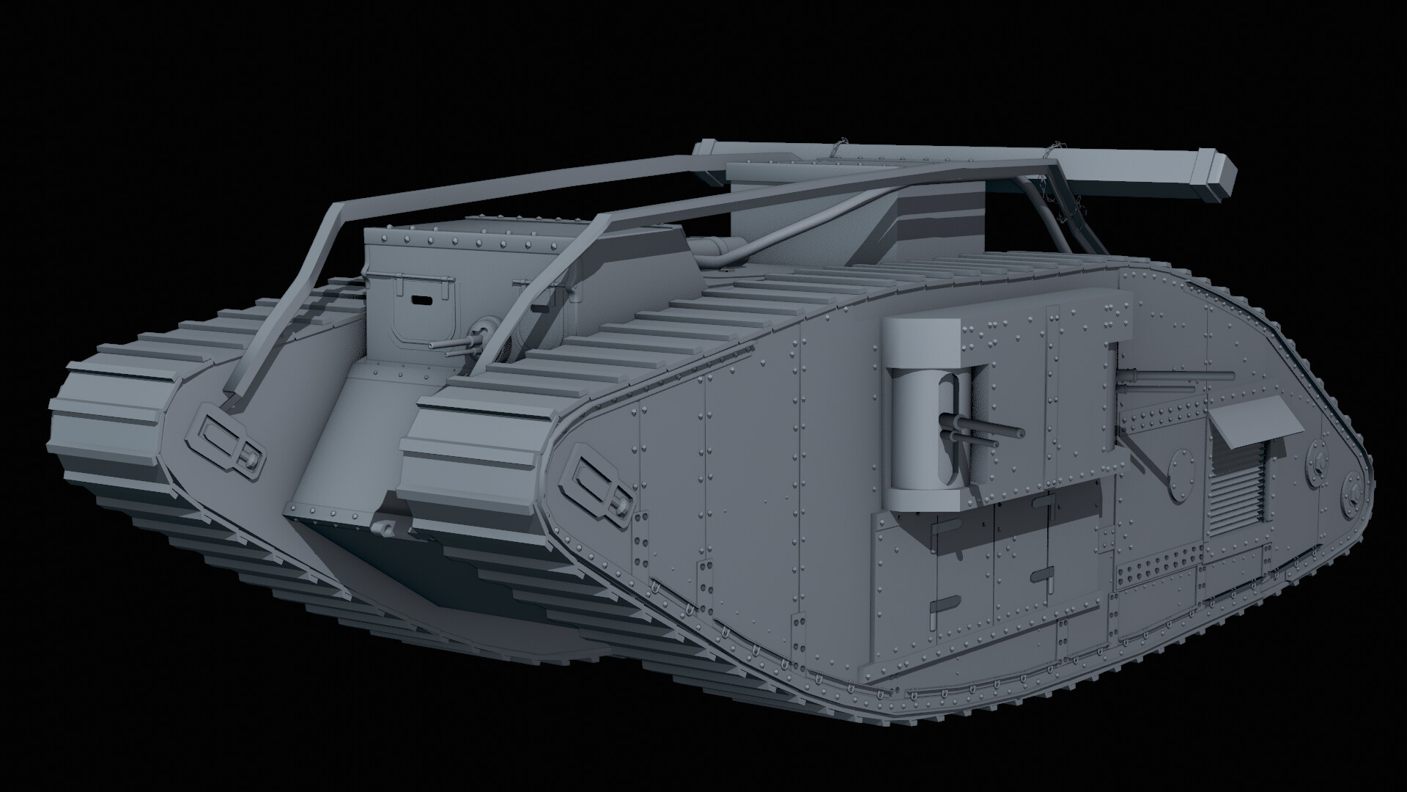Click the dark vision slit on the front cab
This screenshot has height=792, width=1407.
[x=421, y=299]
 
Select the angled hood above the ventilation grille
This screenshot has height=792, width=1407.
[x=1246, y=425]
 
